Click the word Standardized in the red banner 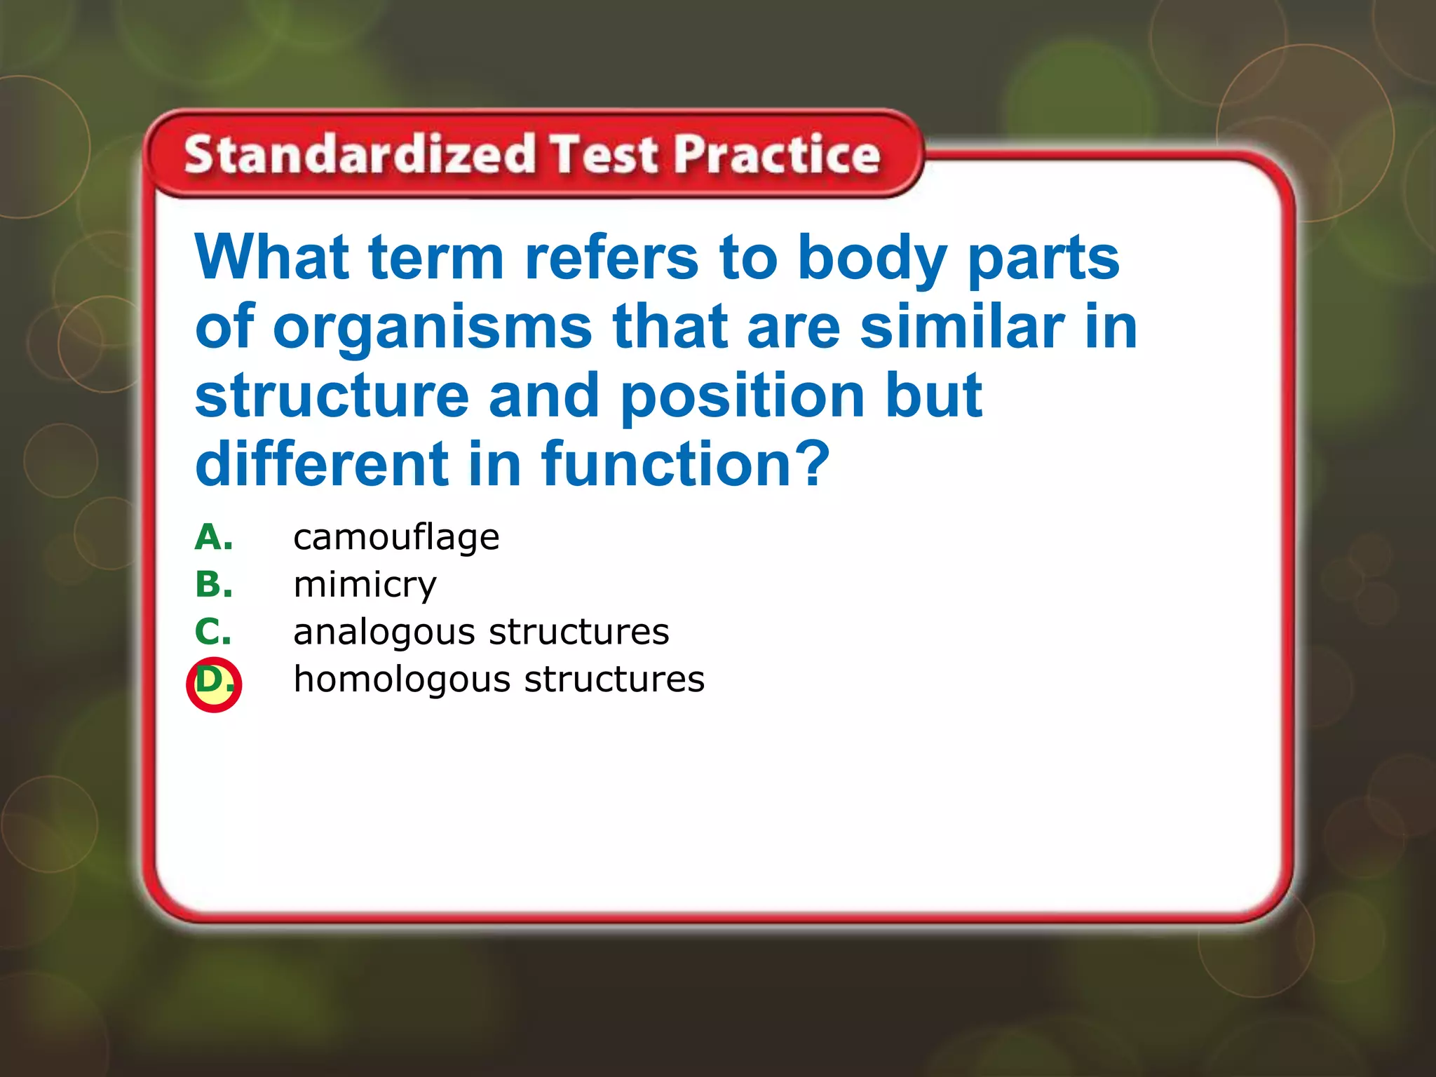(360, 155)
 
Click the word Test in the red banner (604, 155)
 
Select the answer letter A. (213, 538)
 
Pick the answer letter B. (213, 585)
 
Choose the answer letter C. (212, 632)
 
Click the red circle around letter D (214, 684)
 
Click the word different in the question (322, 463)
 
